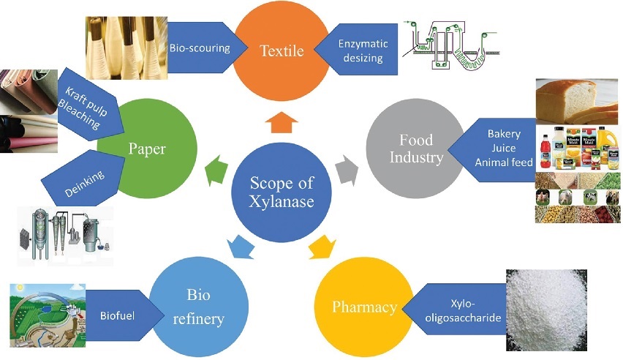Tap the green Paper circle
pyautogui.click(x=146, y=149)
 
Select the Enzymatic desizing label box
pyautogui.click(x=363, y=50)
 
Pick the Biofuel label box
pyautogui.click(x=118, y=317)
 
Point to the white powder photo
pyautogui.click(x=562, y=307)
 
